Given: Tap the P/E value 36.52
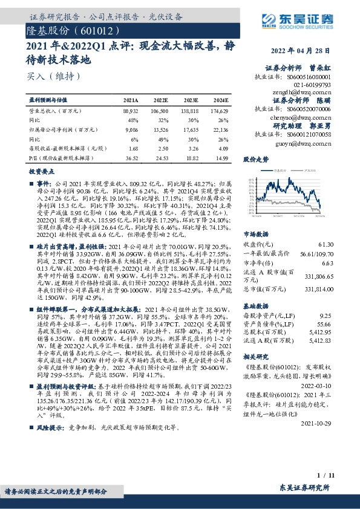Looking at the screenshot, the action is (x=131, y=157).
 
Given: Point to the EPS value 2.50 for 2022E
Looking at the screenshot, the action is (x=160, y=148).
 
